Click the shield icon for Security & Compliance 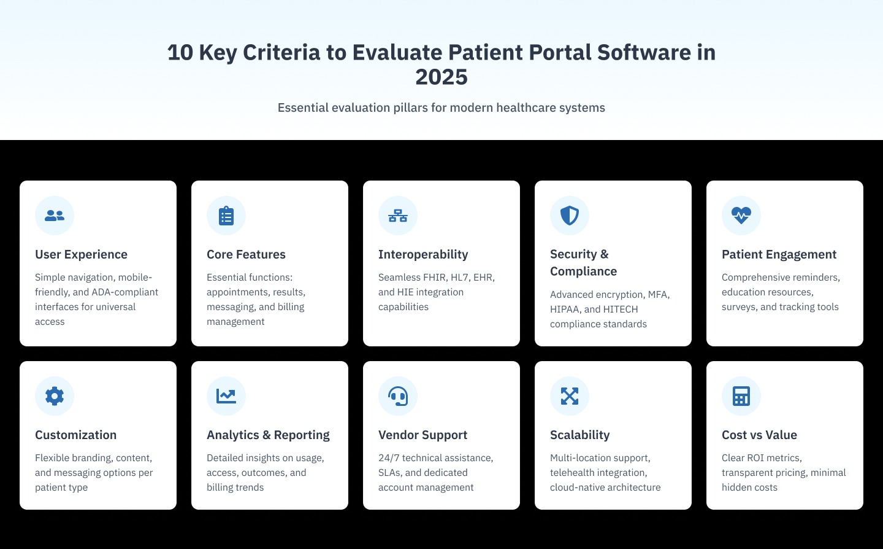(x=570, y=216)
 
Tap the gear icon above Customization (x=55, y=396)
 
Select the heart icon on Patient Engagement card (x=741, y=216)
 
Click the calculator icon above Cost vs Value (x=741, y=396)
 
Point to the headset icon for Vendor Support (x=398, y=396)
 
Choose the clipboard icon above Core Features (x=226, y=216)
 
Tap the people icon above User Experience (x=55, y=216)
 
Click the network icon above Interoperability (x=398, y=216)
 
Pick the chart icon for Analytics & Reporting (x=226, y=396)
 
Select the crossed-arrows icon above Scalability (x=570, y=396)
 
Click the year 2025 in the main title (x=442, y=77)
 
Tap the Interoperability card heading (x=423, y=254)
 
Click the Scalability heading (x=579, y=435)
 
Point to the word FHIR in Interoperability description (x=434, y=278)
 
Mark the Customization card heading (x=75, y=435)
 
